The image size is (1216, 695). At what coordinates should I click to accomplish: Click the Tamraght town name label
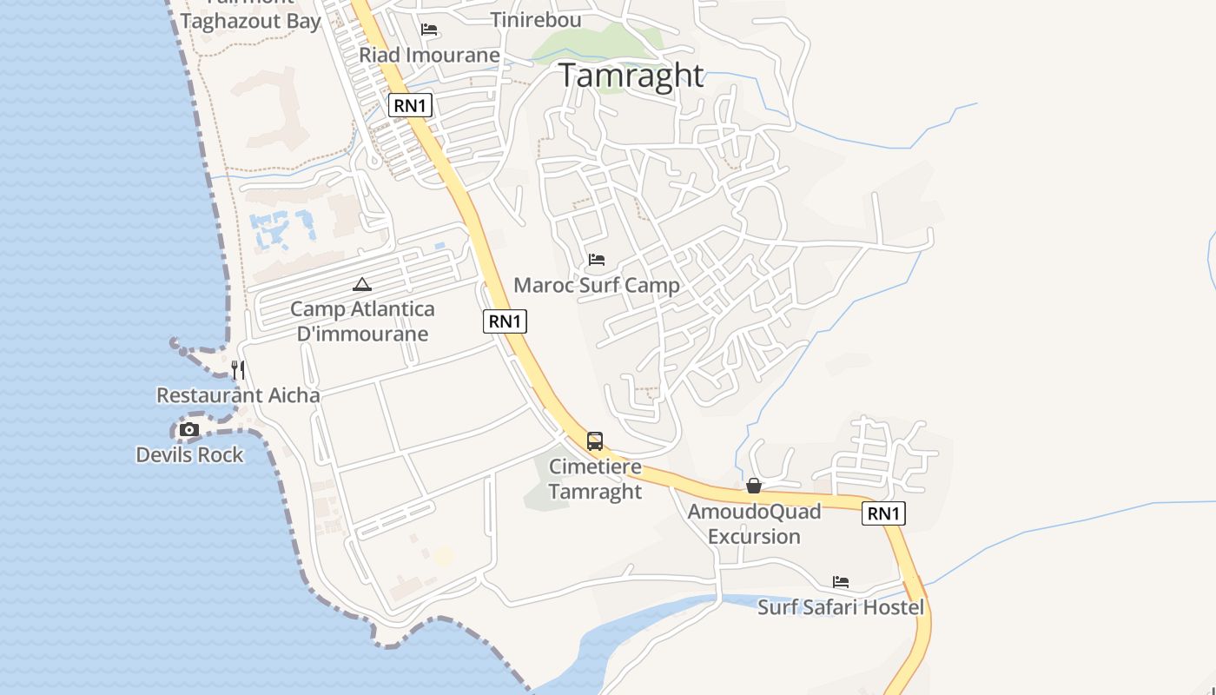[631, 76]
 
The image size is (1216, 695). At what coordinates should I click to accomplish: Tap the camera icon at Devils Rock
[188, 429]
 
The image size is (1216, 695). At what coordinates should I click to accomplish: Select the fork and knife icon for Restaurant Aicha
[238, 370]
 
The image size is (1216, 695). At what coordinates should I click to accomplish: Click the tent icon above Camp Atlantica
[362, 284]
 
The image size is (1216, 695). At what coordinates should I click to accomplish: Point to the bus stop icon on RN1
[595, 441]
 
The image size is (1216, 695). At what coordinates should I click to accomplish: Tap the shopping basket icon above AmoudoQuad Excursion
[754, 486]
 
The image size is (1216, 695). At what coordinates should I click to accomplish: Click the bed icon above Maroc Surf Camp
[597, 260]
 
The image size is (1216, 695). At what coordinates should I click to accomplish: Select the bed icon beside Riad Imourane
[429, 30]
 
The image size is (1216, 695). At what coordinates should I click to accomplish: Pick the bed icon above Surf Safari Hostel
[841, 582]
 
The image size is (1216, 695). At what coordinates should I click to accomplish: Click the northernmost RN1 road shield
[410, 106]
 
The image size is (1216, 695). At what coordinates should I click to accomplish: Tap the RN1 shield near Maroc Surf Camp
[505, 321]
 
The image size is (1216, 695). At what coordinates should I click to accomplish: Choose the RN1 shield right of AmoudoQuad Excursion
[883, 513]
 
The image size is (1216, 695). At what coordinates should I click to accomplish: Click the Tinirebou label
[536, 20]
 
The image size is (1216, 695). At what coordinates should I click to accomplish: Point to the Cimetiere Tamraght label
[595, 479]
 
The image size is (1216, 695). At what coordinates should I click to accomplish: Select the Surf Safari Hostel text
[841, 607]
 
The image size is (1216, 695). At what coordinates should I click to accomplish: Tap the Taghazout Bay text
[250, 22]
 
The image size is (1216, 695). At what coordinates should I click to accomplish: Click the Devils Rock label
[190, 454]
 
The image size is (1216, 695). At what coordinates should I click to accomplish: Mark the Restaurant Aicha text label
[238, 395]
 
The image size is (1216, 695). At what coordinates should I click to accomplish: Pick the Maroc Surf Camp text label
[597, 285]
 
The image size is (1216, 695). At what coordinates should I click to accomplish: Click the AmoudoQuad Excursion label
[754, 524]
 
